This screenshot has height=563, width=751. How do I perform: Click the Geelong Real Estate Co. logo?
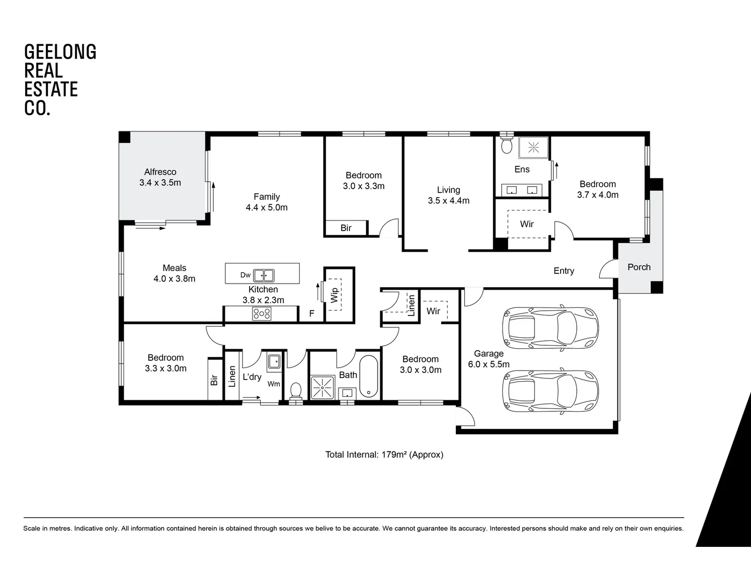coord(60,80)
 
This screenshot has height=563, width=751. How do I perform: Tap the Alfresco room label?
coord(160,172)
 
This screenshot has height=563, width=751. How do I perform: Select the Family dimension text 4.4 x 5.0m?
coord(267,207)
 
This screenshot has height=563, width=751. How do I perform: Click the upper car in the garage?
coord(550,327)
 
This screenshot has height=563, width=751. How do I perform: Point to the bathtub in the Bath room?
coord(369,376)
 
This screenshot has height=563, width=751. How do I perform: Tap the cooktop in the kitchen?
coord(261,313)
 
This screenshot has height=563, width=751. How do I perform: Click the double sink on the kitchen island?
coord(264,275)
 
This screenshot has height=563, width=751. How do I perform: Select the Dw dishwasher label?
coord(246,275)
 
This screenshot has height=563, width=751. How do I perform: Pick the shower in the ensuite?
coord(533,148)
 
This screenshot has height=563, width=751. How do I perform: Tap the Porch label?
coord(639,267)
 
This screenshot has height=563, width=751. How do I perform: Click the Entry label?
coord(564,271)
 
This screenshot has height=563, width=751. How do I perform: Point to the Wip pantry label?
coord(334,295)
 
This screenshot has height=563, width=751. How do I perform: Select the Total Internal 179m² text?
coord(384,455)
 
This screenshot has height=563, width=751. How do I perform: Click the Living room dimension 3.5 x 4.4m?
coord(449,201)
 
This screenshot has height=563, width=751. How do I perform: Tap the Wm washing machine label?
coord(274,384)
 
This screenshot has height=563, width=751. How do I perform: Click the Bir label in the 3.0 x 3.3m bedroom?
coord(346,228)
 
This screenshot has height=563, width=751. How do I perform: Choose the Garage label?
coord(489,353)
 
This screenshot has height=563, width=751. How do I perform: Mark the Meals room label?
coord(174,268)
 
